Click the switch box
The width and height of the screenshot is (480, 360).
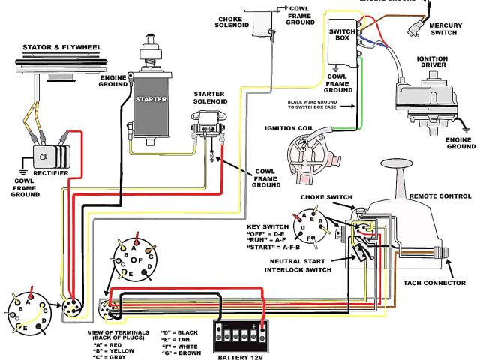[343, 45]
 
